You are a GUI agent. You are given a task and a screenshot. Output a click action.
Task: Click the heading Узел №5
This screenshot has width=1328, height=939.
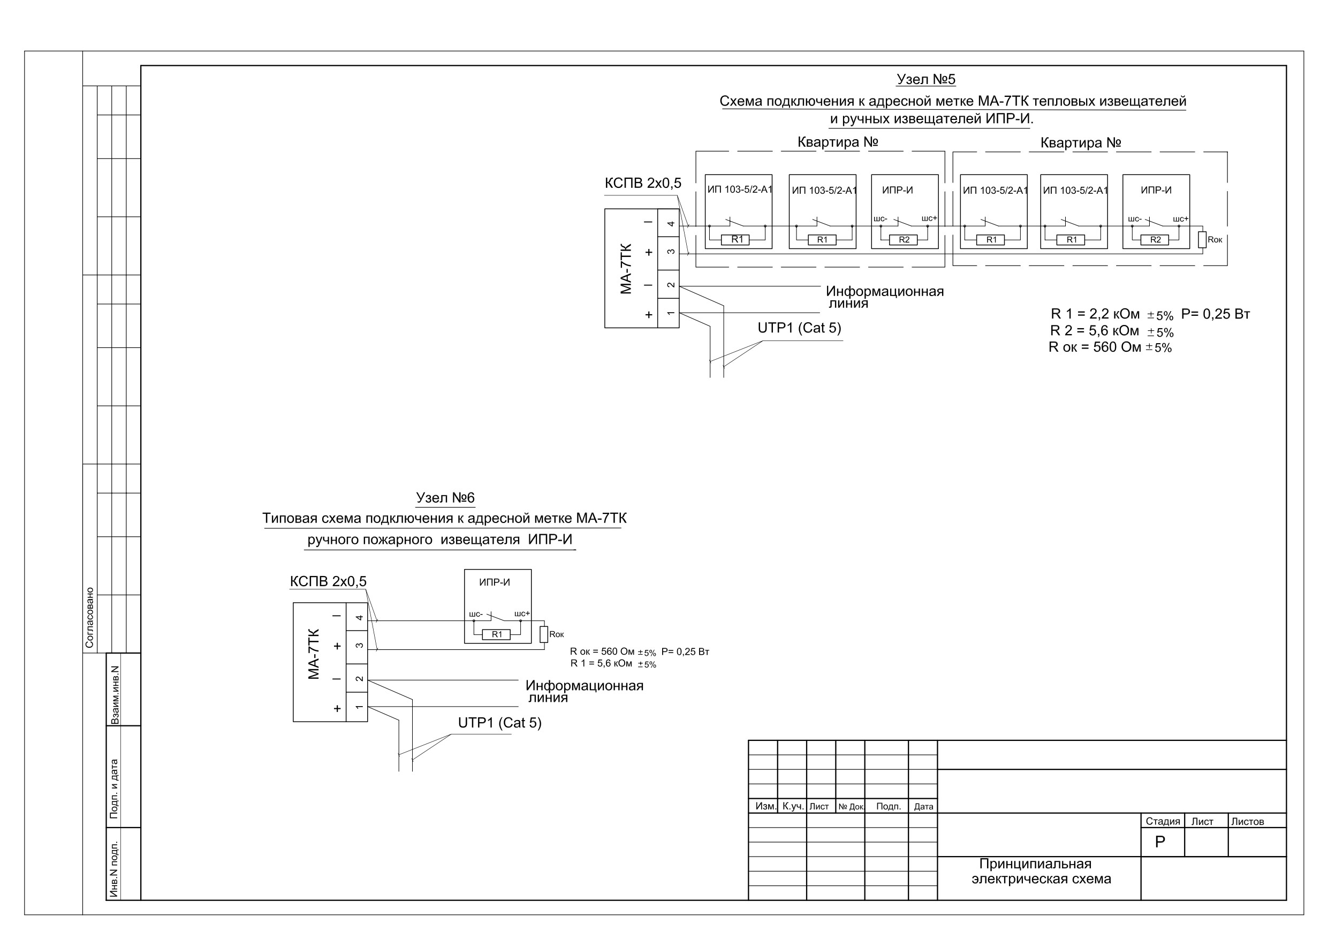tap(925, 79)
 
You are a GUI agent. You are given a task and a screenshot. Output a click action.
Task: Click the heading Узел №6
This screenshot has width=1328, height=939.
tap(445, 497)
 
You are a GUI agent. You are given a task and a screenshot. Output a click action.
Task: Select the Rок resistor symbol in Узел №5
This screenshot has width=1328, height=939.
tap(1202, 239)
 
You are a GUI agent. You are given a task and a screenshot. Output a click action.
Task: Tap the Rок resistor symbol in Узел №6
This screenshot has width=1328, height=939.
tap(544, 634)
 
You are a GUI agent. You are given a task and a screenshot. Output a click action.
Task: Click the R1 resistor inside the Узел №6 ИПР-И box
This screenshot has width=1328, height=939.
tap(496, 634)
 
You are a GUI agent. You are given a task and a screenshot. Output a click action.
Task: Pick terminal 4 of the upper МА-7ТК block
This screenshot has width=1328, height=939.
tap(669, 224)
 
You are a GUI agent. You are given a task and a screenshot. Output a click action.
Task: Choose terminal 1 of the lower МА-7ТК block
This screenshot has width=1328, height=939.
tap(357, 707)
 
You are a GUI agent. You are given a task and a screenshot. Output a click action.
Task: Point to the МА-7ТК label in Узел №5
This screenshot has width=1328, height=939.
tap(626, 268)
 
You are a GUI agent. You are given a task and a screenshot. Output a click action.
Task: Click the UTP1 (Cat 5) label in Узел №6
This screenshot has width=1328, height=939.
tap(500, 723)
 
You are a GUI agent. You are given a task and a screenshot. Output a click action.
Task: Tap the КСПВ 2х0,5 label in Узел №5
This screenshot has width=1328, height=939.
tap(643, 184)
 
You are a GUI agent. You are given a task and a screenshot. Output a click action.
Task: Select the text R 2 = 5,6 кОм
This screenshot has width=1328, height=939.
tap(1094, 330)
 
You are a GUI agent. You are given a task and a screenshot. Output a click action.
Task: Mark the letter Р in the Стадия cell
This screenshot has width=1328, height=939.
tap(1160, 842)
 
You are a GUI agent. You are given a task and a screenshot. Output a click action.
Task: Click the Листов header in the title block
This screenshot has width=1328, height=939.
tap(1247, 822)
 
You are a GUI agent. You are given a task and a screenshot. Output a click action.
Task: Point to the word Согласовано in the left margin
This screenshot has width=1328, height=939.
tap(89, 617)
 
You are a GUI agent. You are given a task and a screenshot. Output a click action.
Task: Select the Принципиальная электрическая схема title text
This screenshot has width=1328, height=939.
tap(1041, 872)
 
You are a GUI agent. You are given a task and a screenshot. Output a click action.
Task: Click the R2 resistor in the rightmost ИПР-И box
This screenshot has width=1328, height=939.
tap(1155, 239)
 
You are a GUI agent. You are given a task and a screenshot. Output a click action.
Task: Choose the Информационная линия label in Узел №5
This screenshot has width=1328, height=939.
tap(884, 297)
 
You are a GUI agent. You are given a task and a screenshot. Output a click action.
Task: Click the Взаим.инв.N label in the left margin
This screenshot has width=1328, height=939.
tap(115, 695)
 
